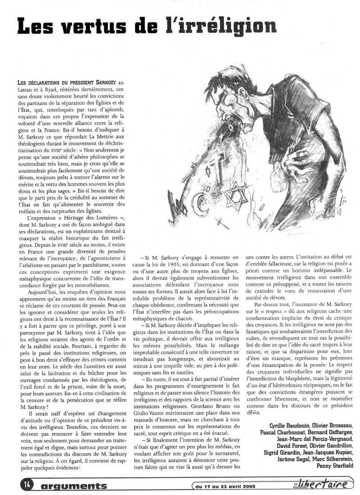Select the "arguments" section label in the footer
[x=72, y=484]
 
